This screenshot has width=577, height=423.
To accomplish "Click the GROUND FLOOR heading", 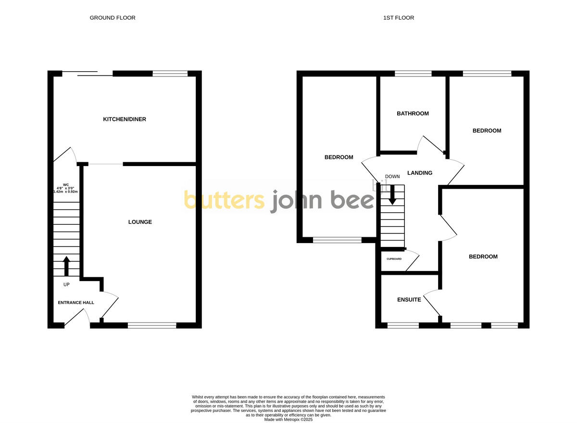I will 113,18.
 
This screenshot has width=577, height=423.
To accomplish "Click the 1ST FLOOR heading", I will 398,18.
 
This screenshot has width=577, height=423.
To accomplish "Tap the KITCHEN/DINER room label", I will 125,119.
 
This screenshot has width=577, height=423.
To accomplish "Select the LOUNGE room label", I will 140,222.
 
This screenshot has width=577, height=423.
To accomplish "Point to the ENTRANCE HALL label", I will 76,303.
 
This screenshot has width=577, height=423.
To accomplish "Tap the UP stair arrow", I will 66,266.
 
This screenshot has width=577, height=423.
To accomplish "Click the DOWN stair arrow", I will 393,195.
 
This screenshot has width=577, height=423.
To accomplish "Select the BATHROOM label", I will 413,114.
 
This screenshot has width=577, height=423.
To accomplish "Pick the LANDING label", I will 420,173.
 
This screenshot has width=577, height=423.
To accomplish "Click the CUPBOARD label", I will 394,259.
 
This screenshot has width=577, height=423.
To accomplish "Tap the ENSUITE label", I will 409,300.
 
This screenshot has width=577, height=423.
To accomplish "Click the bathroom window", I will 413,74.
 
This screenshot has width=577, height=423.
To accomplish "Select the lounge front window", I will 152,325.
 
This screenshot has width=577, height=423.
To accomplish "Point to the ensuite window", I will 403,325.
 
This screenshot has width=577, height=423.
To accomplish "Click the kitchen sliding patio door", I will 88,74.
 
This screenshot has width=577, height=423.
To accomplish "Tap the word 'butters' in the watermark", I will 224,200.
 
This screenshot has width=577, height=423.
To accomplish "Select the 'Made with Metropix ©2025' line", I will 288,420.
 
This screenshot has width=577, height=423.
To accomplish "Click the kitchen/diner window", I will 170,74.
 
